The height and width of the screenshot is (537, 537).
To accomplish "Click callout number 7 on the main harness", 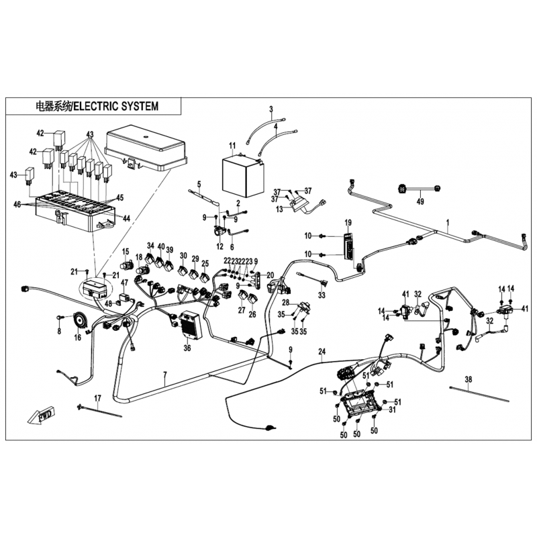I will pyautogui.click(x=165, y=374).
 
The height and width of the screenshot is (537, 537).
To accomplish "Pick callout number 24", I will pyautogui.click(x=322, y=352).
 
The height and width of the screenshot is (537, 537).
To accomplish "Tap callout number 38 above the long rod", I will pyautogui.click(x=469, y=379).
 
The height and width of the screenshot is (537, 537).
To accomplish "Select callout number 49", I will pyautogui.click(x=421, y=201).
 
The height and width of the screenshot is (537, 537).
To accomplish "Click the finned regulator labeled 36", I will pyautogui.click(x=188, y=325).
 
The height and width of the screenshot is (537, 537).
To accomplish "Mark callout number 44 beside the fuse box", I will pyautogui.click(x=126, y=219).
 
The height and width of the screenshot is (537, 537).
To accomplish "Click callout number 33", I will pyautogui.click(x=322, y=295).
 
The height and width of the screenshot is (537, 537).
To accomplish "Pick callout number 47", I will pyautogui.click(x=124, y=283).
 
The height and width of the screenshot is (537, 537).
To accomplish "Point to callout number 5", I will pyautogui.click(x=199, y=184).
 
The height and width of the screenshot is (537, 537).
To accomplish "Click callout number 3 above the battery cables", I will pyautogui.click(x=271, y=109).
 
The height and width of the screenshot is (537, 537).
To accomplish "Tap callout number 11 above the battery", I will pyautogui.click(x=232, y=146).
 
